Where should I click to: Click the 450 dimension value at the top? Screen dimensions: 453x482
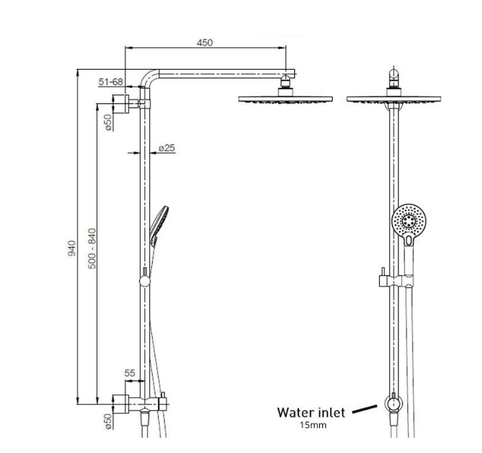click(205, 42)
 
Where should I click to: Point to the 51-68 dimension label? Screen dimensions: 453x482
click(110, 81)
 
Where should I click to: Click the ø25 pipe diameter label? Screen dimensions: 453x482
click(166, 148)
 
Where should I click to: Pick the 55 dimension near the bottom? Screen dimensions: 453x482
click(129, 374)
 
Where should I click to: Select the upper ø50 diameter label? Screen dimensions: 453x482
click(108, 123)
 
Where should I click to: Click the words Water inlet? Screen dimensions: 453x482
click(311, 413)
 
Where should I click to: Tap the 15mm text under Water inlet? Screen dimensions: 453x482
click(312, 426)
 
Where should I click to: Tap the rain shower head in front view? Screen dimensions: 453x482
click(392, 99)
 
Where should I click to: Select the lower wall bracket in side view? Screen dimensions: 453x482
click(122, 401)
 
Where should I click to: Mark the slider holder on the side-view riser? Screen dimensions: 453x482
click(144, 280)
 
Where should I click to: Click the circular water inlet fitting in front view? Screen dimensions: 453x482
click(392, 403)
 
